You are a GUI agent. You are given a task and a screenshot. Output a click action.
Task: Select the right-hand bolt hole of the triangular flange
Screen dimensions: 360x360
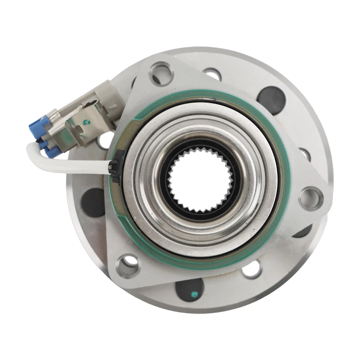(311, 198)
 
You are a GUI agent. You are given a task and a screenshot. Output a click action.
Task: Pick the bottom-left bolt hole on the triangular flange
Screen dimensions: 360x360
(128, 266)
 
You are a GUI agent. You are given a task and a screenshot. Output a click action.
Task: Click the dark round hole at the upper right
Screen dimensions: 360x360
(271, 100)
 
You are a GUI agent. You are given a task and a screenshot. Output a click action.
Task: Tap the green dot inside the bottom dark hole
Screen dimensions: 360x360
(194, 294)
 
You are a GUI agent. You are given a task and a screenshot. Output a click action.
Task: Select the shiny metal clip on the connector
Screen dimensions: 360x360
(81, 124)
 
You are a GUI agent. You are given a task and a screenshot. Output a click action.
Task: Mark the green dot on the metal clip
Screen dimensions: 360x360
(87, 121)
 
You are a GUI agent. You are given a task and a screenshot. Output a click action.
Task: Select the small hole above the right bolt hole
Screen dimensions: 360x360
(304, 154)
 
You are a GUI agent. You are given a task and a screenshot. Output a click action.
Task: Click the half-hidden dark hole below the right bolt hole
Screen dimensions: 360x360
(303, 232)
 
